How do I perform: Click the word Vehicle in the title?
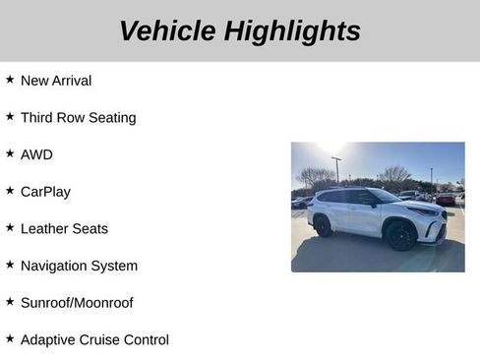pos(167,31)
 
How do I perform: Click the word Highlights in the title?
pos(292,31)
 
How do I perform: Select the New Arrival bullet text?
pos(56,81)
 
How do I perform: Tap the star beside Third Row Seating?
pos(10,117)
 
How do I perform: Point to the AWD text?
pos(36,154)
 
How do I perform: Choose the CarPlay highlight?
pos(45,192)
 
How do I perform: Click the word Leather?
pos(44,228)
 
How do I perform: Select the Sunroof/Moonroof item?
pos(77,303)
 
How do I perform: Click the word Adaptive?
pos(49,339)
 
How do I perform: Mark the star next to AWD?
pos(10,153)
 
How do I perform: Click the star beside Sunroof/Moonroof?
pos(10,302)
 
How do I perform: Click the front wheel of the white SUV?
pos(398,235)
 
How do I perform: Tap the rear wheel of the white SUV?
pos(323,226)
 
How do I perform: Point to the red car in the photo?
pos(447,199)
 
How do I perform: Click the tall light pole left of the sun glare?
pos(336,169)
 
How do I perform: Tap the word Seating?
pos(112,118)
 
